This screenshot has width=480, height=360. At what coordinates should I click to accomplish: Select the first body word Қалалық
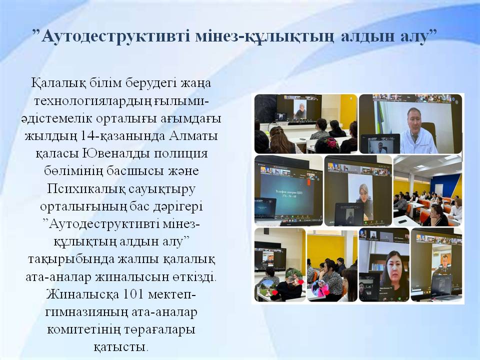click(x=58, y=83)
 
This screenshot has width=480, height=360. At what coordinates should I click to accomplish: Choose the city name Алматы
click(x=193, y=135)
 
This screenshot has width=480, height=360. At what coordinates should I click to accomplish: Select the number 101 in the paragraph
click(x=133, y=294)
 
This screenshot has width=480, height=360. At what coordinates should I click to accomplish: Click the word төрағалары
click(x=159, y=330)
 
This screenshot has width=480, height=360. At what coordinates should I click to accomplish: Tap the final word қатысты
click(x=120, y=347)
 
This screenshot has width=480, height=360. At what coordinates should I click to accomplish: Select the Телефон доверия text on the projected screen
click(x=286, y=191)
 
